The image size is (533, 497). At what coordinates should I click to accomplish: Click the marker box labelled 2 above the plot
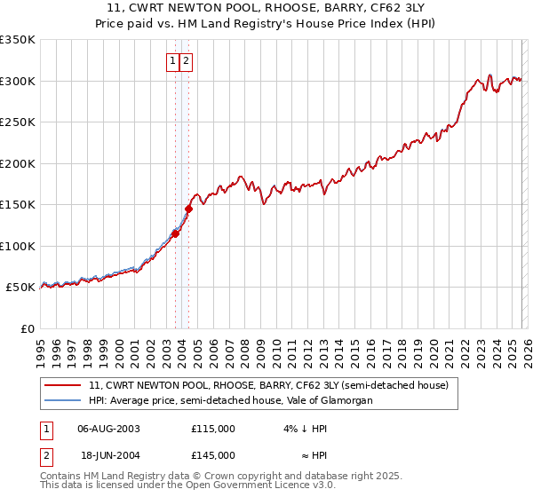pos(187,61)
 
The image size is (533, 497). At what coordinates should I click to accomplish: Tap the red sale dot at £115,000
pos(175,233)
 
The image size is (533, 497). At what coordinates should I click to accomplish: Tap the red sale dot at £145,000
pos(188,209)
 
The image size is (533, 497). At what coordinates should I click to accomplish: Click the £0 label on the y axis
pos(28,328)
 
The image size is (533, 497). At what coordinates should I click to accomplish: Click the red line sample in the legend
pos(64,386)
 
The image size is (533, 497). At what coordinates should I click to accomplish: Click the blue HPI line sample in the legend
pos(64,401)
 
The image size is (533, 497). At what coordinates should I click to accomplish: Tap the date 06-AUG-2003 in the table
pos(109,429)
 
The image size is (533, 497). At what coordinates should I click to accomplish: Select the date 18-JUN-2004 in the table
pos(109,455)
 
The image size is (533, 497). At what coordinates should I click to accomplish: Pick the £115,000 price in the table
pos(213,429)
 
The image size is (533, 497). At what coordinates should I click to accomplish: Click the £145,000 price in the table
pos(213,455)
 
